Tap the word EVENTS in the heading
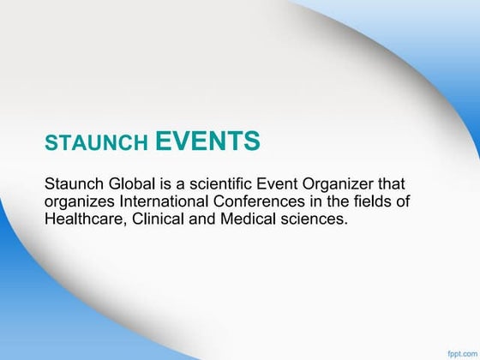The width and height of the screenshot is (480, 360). pos(208,141)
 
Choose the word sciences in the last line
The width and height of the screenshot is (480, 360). pos(319,219)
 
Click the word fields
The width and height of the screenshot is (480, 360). pos(389,201)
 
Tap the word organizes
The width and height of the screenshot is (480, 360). pos(79,202)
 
